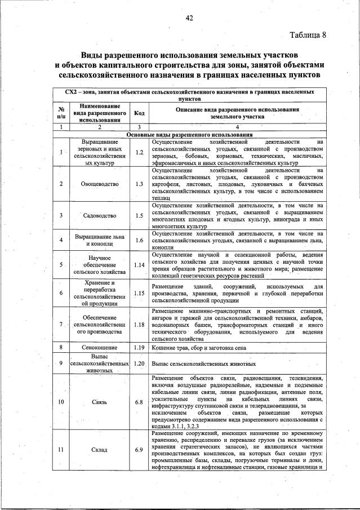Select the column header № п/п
[x=60, y=112]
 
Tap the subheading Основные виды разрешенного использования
[x=189, y=135]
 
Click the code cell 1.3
[x=140, y=184]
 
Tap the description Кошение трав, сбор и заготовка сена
[x=198, y=348]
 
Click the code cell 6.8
[x=140, y=401]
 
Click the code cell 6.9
[x=140, y=449]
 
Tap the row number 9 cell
[x=60, y=363]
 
